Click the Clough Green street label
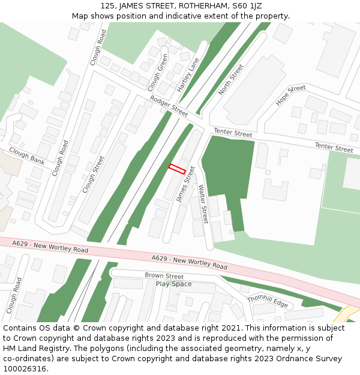pos(157,72)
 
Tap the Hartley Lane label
pos(188,74)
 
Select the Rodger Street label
pos(169,106)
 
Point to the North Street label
pos(231,79)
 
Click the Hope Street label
pos(290,95)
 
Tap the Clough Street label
pos(94,174)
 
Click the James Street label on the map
pos(186,184)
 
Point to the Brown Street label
pos(164,276)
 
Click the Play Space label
pos(173,284)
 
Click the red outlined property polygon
pos(176,169)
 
